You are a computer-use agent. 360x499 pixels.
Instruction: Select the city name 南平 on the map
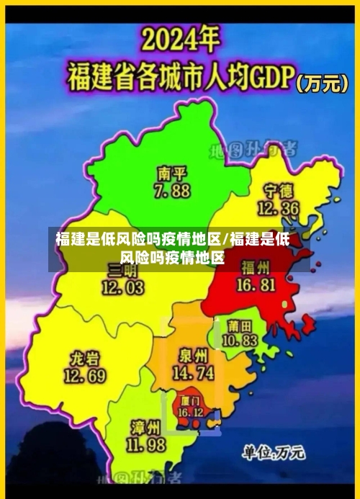click(172, 174)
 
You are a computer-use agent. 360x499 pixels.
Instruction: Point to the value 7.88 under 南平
click(172, 191)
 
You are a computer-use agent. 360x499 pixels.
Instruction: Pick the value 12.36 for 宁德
click(279, 208)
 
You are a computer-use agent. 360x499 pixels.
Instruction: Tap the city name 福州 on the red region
click(256, 268)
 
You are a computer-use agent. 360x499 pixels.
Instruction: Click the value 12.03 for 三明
click(122, 288)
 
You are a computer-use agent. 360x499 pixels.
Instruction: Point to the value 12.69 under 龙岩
click(85, 376)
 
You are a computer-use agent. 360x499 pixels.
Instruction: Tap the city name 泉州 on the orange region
click(193, 356)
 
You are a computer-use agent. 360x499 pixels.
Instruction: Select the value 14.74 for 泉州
click(193, 373)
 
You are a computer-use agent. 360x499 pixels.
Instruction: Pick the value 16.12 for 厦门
click(191, 412)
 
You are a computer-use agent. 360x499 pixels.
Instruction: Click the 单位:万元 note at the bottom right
click(273, 453)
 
